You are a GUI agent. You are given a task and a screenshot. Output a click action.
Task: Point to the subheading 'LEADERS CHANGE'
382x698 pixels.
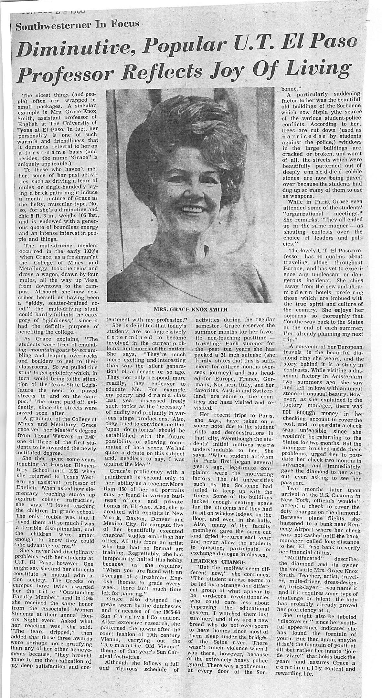click(x=214, y=562)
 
